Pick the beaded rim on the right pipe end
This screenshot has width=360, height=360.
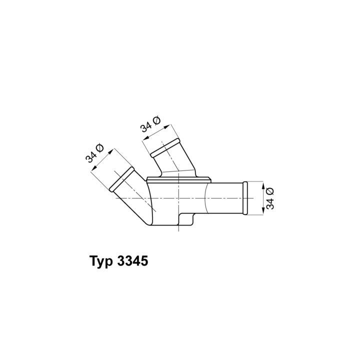pos(245,198)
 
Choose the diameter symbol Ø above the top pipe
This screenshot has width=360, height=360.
pos(155,120)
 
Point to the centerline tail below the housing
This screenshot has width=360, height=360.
pos(178,229)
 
